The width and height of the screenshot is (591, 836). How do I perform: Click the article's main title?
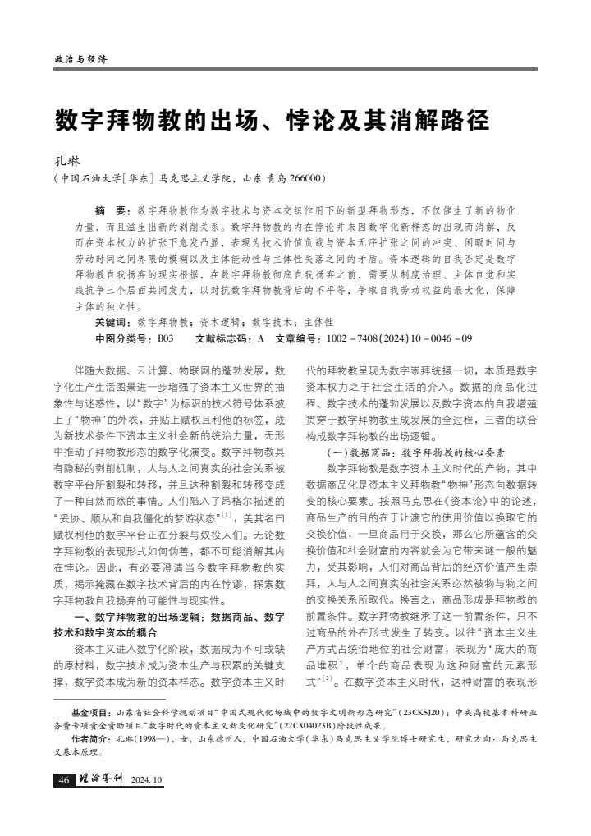(272, 120)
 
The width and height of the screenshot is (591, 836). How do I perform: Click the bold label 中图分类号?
(123, 338)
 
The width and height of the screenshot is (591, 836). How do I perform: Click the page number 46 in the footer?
(64, 780)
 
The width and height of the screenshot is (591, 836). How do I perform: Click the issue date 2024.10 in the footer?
(148, 780)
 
